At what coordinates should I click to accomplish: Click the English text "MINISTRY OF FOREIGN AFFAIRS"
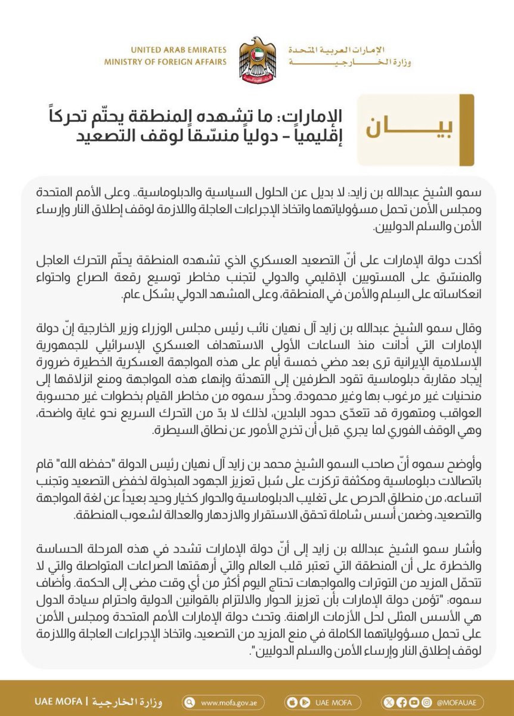pyautogui.click(x=165, y=62)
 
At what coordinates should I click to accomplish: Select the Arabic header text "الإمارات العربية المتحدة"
pyautogui.click(x=349, y=50)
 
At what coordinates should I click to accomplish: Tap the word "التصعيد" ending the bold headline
pyautogui.click(x=107, y=132)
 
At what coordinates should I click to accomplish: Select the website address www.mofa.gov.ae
pyautogui.click(x=229, y=702)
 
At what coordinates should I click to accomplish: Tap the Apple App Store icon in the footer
pyautogui.click(x=292, y=702)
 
